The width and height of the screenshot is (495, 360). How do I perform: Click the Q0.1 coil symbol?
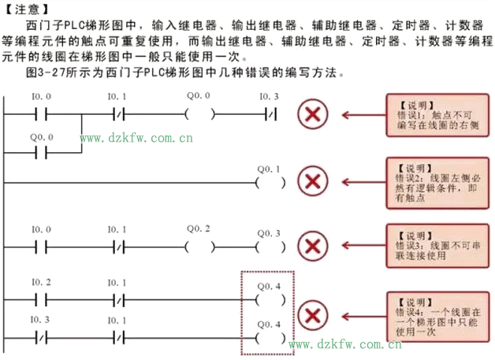pyautogui.click(x=270, y=183)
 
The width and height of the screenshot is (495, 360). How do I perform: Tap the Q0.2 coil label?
pyautogui.click(x=198, y=228)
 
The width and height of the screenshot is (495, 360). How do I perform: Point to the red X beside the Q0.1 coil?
pyautogui.click(x=314, y=182)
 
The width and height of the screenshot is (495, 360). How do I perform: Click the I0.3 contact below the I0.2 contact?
pyautogui.click(x=41, y=334)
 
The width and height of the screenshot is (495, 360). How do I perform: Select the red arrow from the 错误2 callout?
pyautogui.click(x=359, y=182)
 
